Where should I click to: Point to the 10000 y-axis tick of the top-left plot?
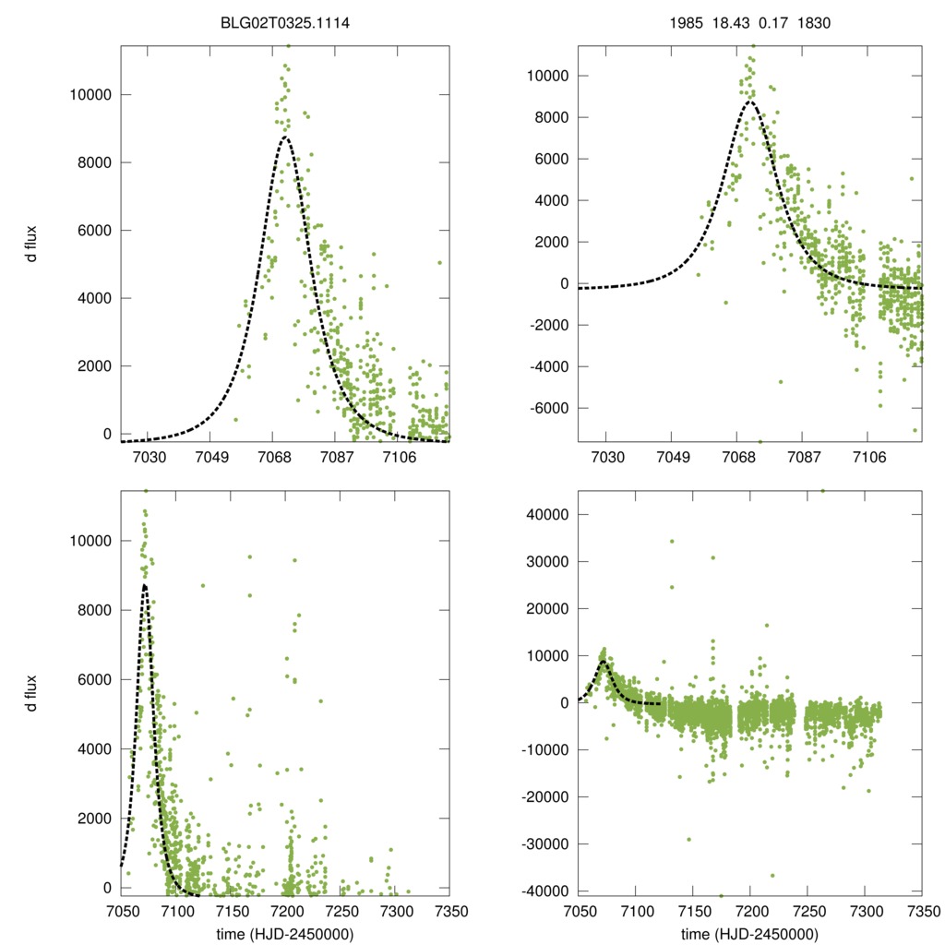click(x=91, y=95)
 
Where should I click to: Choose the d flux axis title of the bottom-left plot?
click(x=32, y=693)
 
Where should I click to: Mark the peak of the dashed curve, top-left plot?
click(x=285, y=138)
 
